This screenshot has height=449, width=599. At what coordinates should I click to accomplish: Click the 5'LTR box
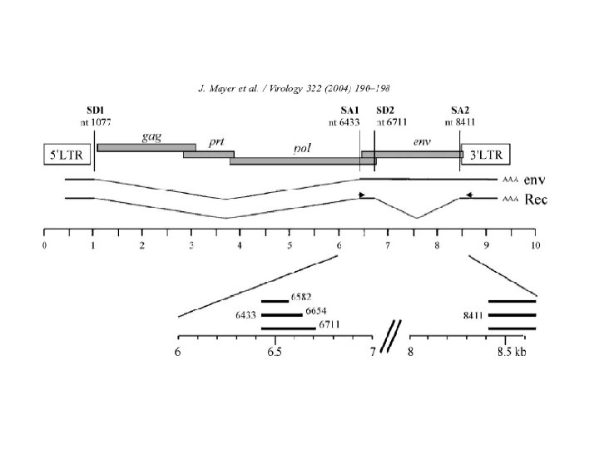67,155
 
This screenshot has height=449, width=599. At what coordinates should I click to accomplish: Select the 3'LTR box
486,155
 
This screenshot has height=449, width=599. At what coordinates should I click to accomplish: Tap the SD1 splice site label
95,111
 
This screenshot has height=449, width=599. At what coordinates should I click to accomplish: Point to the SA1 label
349,111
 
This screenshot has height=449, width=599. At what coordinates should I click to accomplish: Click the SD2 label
385,111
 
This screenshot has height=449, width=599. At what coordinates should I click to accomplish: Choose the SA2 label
460,111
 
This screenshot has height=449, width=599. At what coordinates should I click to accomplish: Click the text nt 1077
96,122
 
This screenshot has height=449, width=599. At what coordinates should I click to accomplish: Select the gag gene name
151,137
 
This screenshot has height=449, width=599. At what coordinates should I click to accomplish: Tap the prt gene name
216,142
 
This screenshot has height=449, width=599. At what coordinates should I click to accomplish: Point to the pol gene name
302,149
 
